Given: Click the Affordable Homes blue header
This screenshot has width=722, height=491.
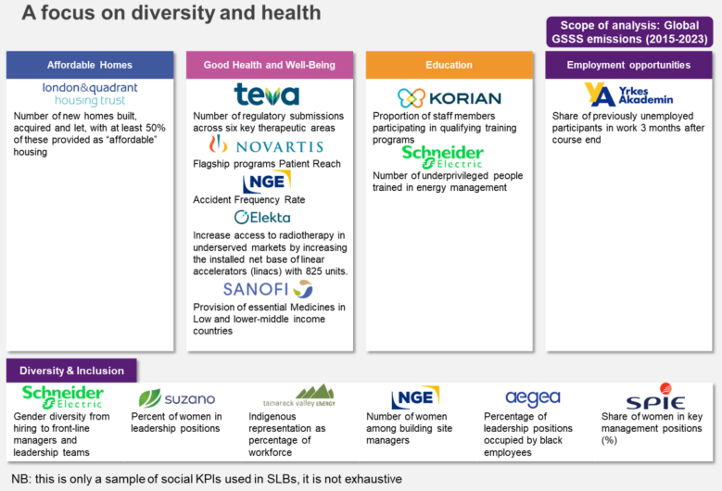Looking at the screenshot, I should (89, 65).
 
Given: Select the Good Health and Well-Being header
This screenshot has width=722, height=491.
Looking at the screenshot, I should (270, 65).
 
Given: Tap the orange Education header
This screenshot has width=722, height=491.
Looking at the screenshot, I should (450, 65).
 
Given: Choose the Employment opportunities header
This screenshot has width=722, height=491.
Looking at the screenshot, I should (628, 65).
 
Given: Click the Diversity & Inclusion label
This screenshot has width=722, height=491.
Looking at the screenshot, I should (71, 371).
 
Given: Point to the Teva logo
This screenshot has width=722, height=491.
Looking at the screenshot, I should (266, 94).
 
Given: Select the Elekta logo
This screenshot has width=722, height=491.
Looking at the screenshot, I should (262, 218).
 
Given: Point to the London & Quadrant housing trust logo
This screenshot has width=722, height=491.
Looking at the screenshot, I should (90, 94).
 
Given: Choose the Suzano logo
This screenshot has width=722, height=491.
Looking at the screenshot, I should (176, 399).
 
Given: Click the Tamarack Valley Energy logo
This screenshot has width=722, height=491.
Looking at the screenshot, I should (302, 397).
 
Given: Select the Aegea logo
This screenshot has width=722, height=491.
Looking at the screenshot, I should (532, 398).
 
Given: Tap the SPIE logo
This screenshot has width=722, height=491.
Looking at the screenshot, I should (654, 397).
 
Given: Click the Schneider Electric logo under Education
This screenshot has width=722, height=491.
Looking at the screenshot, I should (442, 156).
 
